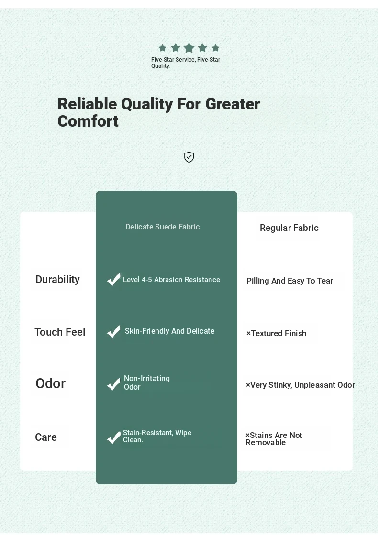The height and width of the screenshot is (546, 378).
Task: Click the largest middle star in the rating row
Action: tap(189, 48)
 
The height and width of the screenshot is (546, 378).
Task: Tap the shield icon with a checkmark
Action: tap(189, 157)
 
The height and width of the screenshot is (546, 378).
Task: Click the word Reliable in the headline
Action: tap(87, 104)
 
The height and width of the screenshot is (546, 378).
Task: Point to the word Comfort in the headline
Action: tap(88, 121)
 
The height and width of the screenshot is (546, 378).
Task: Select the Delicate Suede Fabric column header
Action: tap(162, 227)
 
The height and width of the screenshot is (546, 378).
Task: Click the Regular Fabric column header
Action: tap(289, 228)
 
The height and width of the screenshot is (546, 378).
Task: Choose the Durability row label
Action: tap(57, 279)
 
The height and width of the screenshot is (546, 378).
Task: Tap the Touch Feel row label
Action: tap(60, 332)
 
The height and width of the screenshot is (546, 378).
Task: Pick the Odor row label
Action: tap(51, 383)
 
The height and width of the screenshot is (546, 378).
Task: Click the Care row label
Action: tap(45, 437)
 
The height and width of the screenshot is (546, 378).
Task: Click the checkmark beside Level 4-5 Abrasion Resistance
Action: tap(113, 279)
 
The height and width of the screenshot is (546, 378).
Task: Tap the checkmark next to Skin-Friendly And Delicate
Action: tap(113, 331)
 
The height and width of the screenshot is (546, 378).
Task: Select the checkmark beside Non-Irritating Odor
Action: tap(113, 384)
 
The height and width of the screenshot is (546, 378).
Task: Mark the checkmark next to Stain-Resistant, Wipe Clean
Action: tap(113, 437)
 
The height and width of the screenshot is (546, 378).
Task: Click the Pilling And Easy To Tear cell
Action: tap(289, 281)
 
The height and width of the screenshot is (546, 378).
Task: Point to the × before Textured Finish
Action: tap(248, 333)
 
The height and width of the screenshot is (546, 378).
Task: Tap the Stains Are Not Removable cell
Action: tap(274, 439)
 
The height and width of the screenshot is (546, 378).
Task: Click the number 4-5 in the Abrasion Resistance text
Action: tap(146, 280)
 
